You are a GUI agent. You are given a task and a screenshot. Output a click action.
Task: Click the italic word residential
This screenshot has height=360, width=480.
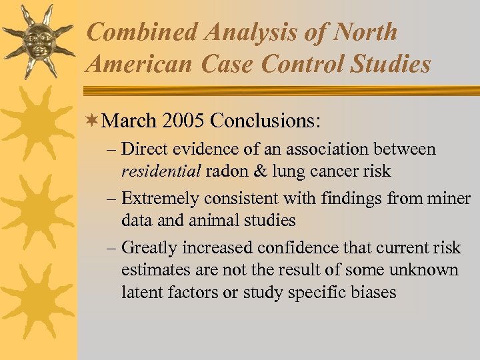click(x=161, y=171)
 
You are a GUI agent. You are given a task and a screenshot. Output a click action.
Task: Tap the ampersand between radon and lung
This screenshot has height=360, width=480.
click(x=261, y=171)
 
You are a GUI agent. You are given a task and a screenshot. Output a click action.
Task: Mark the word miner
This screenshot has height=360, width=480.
click(x=449, y=199)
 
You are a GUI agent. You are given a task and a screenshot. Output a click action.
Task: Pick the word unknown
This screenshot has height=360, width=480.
click(x=425, y=270)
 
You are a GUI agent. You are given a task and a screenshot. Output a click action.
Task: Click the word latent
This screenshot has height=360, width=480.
click(x=142, y=292)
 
